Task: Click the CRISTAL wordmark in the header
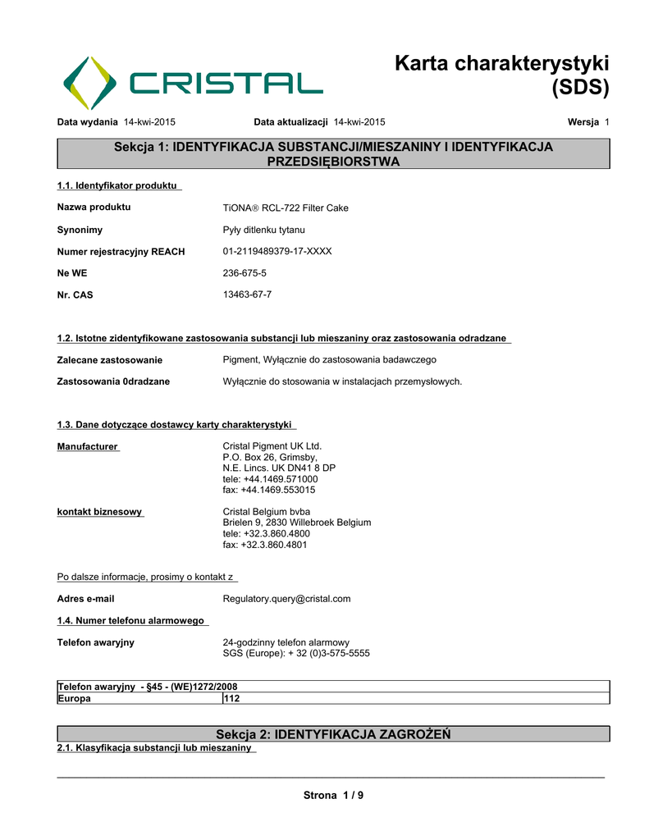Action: (x=226, y=83)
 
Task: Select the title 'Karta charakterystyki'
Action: (x=501, y=63)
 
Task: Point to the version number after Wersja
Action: (x=606, y=122)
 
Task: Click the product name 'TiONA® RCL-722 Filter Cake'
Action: (x=286, y=208)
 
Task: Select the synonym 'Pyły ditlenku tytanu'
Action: (x=263, y=230)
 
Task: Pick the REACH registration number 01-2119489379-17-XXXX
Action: (x=277, y=251)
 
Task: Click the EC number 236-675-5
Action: (x=245, y=273)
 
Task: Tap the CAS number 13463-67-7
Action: (x=247, y=294)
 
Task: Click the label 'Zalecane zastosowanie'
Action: (x=109, y=360)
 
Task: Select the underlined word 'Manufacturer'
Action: (x=88, y=446)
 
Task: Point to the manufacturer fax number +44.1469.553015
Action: (x=269, y=490)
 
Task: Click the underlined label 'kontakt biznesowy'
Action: (x=99, y=512)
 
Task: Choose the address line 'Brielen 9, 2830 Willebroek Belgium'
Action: (x=297, y=523)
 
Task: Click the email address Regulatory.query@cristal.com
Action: (x=286, y=599)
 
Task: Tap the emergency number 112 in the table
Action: (x=232, y=698)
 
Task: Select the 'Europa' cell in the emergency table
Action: (x=74, y=698)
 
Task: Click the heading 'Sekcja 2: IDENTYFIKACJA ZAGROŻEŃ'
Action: (x=332, y=733)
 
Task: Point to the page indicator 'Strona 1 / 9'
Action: (x=333, y=795)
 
